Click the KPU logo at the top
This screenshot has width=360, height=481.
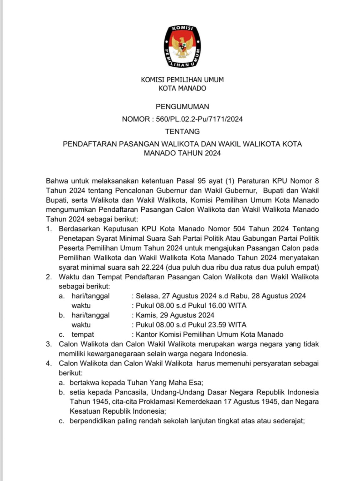click(182, 46)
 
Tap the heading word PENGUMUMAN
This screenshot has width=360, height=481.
click(182, 106)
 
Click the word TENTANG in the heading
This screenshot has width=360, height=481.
click(182, 131)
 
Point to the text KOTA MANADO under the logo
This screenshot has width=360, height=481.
click(182, 88)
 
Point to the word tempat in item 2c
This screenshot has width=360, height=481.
click(83, 334)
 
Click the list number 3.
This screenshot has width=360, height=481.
click(49, 344)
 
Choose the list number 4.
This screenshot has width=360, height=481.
click(49, 364)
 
